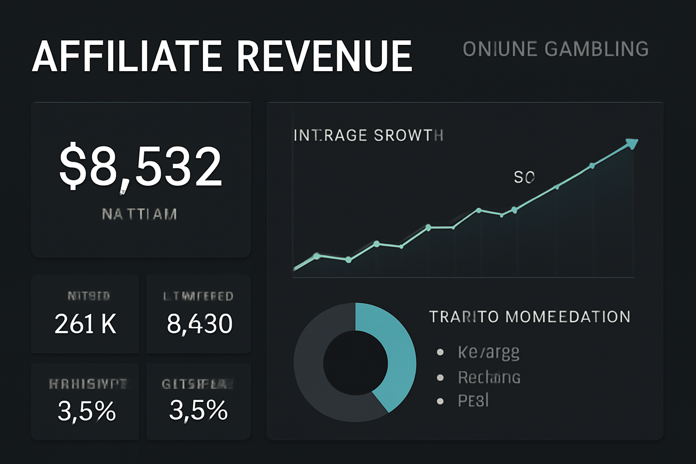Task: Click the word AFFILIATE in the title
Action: (x=127, y=56)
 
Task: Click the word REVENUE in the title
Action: (x=324, y=56)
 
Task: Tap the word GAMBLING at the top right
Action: (x=596, y=49)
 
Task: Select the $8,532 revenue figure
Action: (x=140, y=166)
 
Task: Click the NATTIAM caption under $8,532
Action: (x=140, y=214)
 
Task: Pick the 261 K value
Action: (x=85, y=324)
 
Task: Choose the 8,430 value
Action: (x=199, y=324)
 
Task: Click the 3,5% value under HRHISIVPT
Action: (x=87, y=411)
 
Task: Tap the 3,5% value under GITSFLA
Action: (x=198, y=410)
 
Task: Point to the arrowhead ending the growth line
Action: (x=632, y=144)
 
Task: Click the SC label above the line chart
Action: (x=524, y=177)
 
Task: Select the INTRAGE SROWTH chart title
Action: (x=368, y=135)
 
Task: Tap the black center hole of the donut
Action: (x=356, y=362)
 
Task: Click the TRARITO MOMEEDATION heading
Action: (x=530, y=316)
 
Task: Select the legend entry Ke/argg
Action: (x=488, y=352)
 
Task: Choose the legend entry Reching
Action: (x=489, y=377)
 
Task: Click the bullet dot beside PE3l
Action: (x=440, y=401)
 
